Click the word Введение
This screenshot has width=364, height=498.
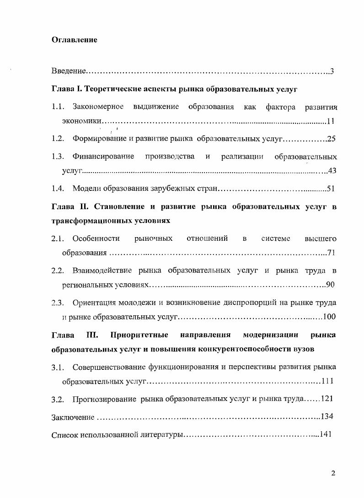pos(69,71)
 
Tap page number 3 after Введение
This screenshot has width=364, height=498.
pos(332,71)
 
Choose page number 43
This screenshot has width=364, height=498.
pos(332,171)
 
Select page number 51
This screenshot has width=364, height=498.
pos(332,188)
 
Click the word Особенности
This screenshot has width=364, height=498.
pos(96,238)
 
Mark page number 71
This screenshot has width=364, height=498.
pos(332,253)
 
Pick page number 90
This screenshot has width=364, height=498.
pos(331,285)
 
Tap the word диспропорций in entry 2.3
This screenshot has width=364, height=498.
pos(240,303)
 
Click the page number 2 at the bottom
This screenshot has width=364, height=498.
pos(333,473)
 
